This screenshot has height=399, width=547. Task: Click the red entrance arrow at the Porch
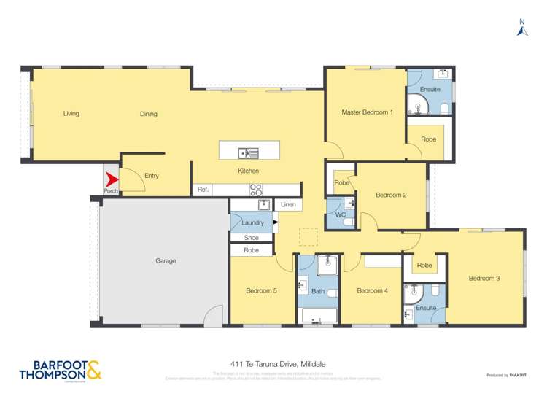coord(111,179)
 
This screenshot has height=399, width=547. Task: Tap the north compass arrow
coord(522,30)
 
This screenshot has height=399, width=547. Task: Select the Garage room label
coord(166,260)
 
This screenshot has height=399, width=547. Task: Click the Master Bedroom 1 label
coord(368,112)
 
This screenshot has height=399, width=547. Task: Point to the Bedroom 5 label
coord(261,291)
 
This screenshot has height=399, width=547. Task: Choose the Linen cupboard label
coord(289,206)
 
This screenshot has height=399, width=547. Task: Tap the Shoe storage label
coord(252,237)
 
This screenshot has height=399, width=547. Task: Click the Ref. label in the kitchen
coord(203,190)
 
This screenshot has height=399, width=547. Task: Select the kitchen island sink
coord(248,152)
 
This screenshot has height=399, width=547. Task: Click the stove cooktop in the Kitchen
coord(256,190)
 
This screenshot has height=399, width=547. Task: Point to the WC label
coord(341,215)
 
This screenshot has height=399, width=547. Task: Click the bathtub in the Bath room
coord(318,316)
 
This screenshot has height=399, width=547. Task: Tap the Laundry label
coord(252,222)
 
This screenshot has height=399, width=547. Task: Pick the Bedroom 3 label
coord(484,278)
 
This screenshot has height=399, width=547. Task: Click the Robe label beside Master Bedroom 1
coord(428,139)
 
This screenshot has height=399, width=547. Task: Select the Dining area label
coord(149,114)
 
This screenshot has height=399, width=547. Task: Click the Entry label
coord(152,176)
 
